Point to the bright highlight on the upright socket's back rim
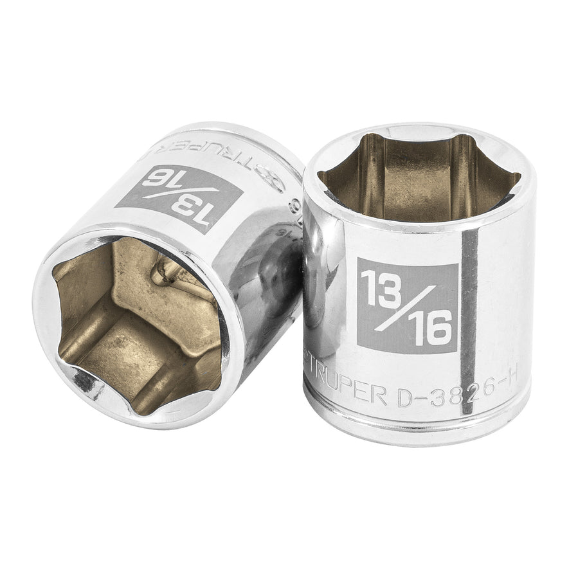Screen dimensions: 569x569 click(411, 131)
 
